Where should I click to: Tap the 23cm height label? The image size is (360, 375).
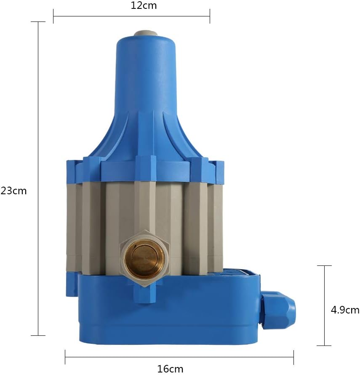pyautogui.click(x=13, y=191)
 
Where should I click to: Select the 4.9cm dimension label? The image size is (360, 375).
pyautogui.click(x=345, y=310)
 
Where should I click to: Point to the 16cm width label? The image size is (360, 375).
pyautogui.click(x=170, y=369)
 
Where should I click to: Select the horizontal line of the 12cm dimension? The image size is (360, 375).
pyautogui.click(x=131, y=16)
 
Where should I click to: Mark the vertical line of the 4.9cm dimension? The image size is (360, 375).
pyautogui.click(x=324, y=305)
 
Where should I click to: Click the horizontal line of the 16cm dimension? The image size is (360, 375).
pyautogui.click(x=179, y=357)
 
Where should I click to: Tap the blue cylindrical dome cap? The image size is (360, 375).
pyautogui.click(x=146, y=72)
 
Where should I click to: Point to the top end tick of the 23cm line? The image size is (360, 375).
pyautogui.click(x=38, y=22)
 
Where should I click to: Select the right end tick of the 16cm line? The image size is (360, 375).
pyautogui.click(x=293, y=357)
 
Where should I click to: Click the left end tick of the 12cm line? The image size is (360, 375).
pyautogui.click(x=53, y=16)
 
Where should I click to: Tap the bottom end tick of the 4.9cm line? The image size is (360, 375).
pyautogui.click(x=324, y=346)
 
